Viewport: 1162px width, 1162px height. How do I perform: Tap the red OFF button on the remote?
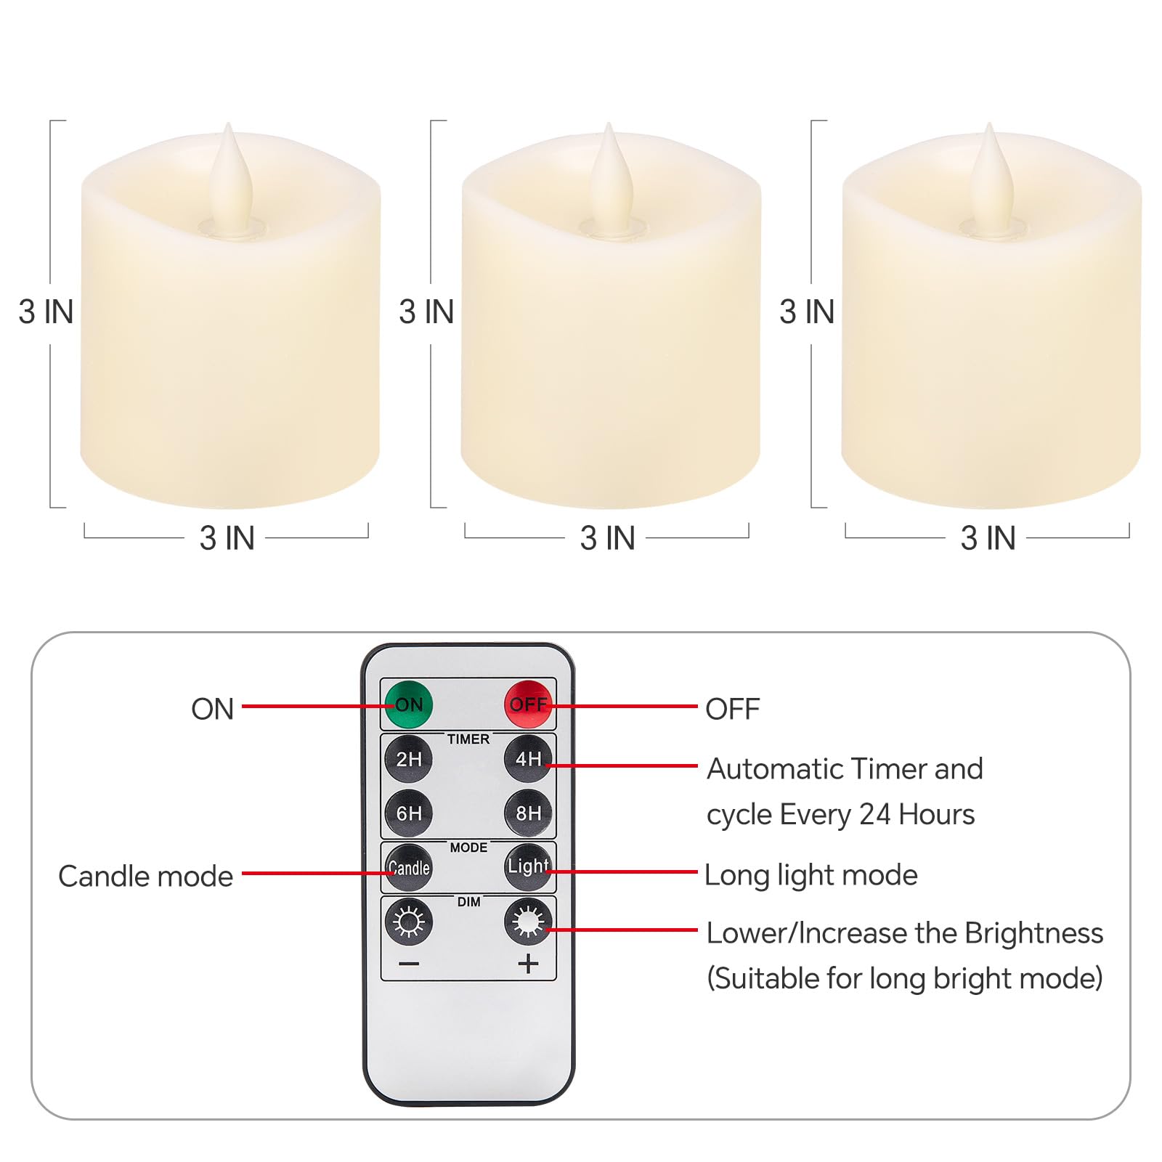click(x=528, y=704)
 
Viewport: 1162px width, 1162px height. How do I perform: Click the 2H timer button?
click(x=409, y=759)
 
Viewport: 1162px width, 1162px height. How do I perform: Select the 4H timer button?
click(x=528, y=759)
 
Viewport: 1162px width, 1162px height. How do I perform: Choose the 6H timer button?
click(x=409, y=813)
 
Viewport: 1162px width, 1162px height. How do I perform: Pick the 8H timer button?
click(x=528, y=813)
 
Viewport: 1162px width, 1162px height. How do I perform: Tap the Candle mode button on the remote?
click(x=409, y=867)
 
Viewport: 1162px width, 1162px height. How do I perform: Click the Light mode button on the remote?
click(x=528, y=866)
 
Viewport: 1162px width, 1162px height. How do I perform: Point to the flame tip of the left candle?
click(x=229, y=123)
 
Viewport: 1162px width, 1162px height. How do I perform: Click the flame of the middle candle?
click(x=609, y=178)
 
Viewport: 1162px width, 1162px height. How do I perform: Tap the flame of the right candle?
click(x=989, y=178)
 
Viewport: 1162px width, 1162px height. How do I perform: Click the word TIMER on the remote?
click(x=468, y=739)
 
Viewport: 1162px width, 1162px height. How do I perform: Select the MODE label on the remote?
click(x=468, y=848)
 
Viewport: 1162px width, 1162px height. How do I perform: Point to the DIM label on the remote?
click(x=468, y=902)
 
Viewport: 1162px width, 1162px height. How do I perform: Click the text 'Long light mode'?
click(x=811, y=876)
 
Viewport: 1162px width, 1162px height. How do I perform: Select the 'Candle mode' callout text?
click(x=146, y=877)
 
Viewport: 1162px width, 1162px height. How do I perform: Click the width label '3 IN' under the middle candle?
click(x=607, y=538)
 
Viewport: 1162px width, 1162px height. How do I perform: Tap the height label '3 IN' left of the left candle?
click(x=46, y=312)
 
